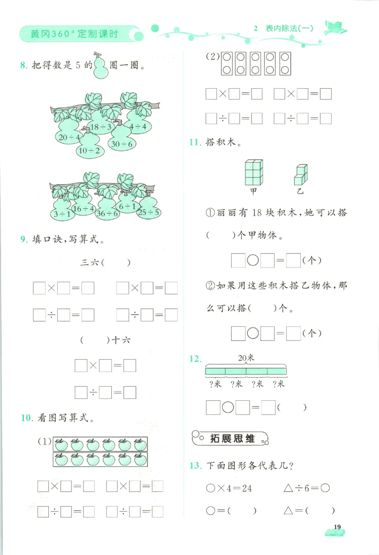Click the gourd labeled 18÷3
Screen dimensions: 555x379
pyautogui.click(x=101, y=127)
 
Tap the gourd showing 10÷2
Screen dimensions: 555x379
pyautogui.click(x=89, y=150)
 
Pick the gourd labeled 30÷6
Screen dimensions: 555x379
pyautogui.click(x=122, y=143)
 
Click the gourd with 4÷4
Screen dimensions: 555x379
pyautogui.click(x=138, y=127)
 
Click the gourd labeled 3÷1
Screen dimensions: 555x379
pyautogui.click(x=62, y=213)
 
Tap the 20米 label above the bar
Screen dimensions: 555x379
pyautogui.click(x=246, y=358)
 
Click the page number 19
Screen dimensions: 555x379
pyautogui.click(x=337, y=527)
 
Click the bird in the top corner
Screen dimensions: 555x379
pyautogui.click(x=335, y=28)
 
